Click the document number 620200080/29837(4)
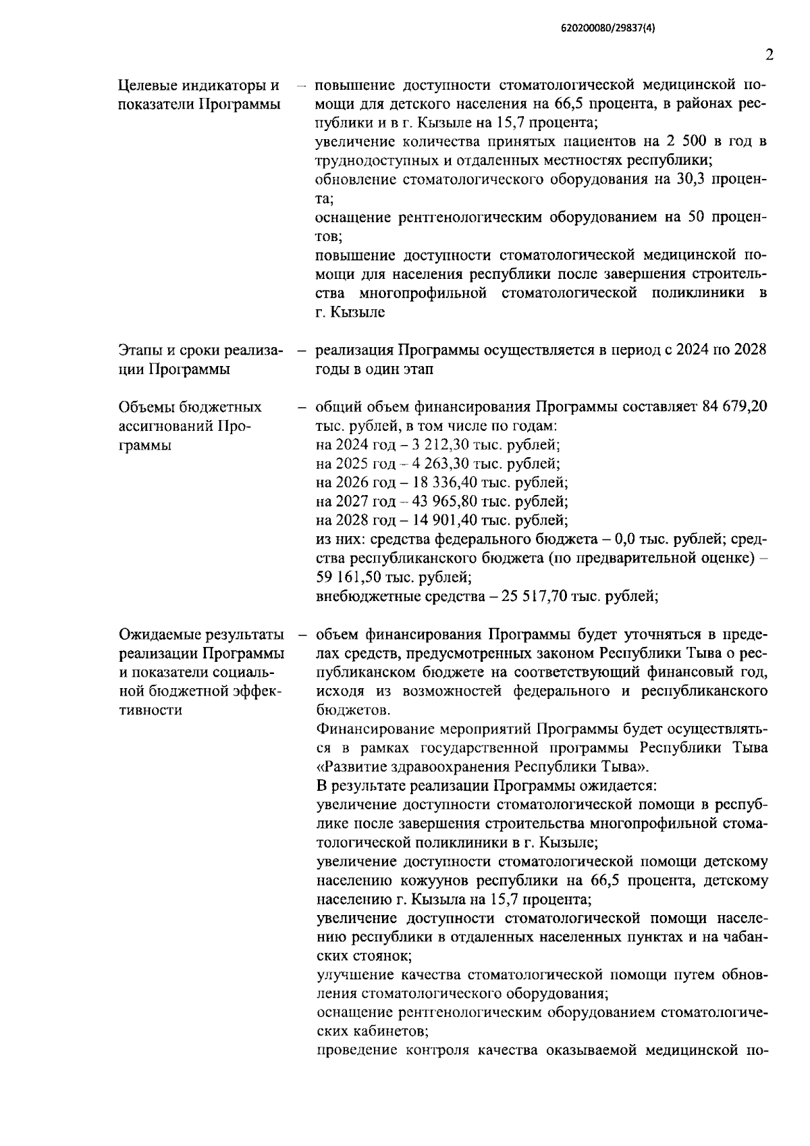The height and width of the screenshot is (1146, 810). tap(608, 29)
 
